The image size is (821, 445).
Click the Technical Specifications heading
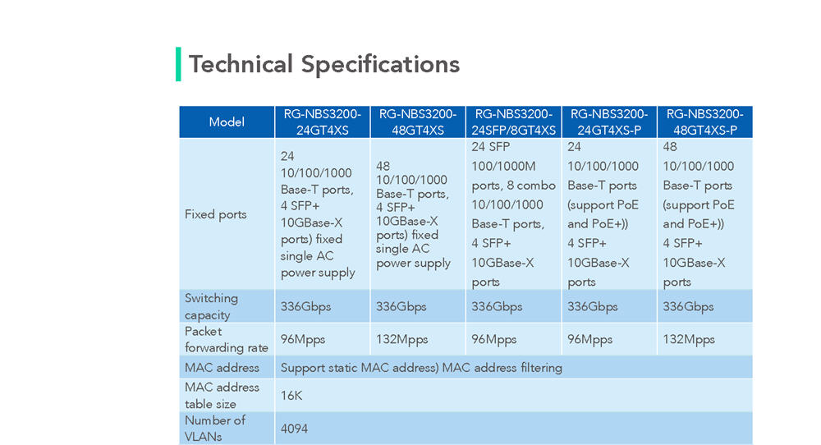pyautogui.click(x=324, y=64)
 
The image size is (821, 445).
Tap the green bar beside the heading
pyautogui.click(x=178, y=64)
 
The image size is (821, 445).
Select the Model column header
pyautogui.click(x=227, y=122)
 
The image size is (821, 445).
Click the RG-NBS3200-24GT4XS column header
pyautogui.click(x=323, y=122)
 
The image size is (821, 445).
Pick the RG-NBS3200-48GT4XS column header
pyautogui.click(x=418, y=122)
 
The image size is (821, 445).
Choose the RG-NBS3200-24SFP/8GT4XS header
pyautogui.click(x=513, y=122)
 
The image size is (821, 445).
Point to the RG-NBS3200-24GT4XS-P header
pyautogui.click(x=608, y=122)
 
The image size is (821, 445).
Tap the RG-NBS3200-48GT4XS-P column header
pyautogui.click(x=704, y=122)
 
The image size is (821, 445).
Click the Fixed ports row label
pyautogui.click(x=215, y=214)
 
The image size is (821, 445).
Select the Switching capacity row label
pyautogui.click(x=211, y=306)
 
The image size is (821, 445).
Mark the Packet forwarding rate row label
pyautogui.click(x=227, y=339)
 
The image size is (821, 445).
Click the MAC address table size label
pyautogui.click(x=222, y=395)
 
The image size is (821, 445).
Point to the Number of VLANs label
pyautogui.click(x=214, y=429)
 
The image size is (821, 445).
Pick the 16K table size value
pyautogui.click(x=291, y=396)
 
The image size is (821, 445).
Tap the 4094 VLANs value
pyautogui.click(x=294, y=429)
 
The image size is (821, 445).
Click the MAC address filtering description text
pyautogui.click(x=421, y=368)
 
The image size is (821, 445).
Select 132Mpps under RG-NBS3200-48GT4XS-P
pyautogui.click(x=689, y=340)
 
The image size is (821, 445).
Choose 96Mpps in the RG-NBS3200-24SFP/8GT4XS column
pyautogui.click(x=493, y=340)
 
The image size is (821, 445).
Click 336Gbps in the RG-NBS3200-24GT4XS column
pyautogui.click(x=305, y=307)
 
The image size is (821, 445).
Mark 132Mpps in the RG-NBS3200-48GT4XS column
pyautogui.click(x=401, y=340)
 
